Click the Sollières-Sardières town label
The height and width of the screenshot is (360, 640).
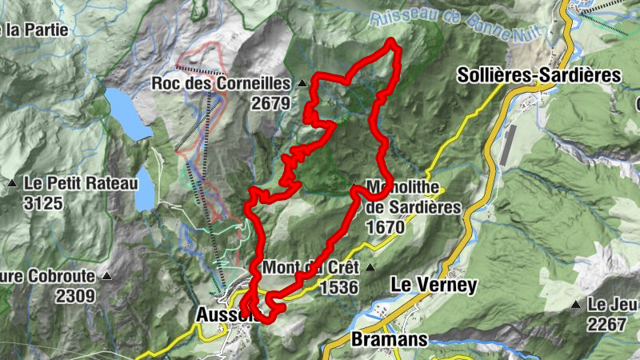[x=540, y=75]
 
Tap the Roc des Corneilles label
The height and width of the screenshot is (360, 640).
[x=222, y=83]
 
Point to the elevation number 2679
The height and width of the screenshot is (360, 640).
[x=268, y=102]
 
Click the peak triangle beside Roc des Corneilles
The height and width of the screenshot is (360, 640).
[x=302, y=83]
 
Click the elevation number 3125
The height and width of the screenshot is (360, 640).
[x=43, y=203]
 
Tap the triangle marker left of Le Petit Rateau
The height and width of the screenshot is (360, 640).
[x=12, y=184]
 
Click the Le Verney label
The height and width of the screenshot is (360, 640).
[x=433, y=285]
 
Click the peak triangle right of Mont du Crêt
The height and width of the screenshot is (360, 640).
[x=370, y=267]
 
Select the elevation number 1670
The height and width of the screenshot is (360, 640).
[x=385, y=226]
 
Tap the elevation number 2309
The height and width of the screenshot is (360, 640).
[x=75, y=296]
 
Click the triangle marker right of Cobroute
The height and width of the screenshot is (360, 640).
[x=107, y=277]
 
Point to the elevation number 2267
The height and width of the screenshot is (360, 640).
[x=606, y=324]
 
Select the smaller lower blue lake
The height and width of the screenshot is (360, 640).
[x=144, y=188]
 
